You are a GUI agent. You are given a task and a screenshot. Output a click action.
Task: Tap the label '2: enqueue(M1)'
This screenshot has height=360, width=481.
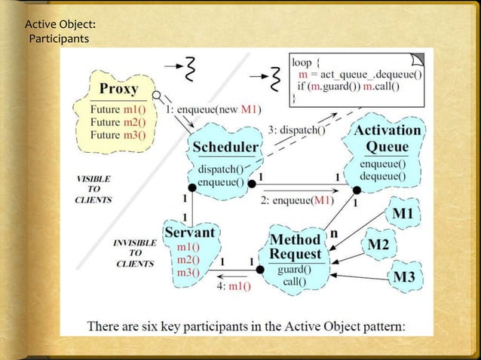[296, 200]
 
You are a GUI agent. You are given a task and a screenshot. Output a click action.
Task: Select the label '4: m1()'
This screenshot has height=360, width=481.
[234, 286]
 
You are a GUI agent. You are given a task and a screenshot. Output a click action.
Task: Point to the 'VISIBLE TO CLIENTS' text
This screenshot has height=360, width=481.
[94, 190]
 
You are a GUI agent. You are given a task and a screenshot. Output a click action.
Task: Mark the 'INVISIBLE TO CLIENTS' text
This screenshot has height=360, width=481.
[135, 254]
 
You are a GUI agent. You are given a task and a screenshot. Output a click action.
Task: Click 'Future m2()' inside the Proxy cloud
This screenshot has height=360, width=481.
[118, 123]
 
